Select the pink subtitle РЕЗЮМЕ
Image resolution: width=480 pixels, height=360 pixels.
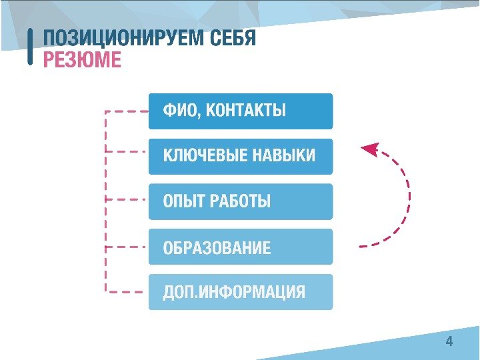click(x=82, y=61)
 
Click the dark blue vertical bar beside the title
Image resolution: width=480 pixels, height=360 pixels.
click(x=31, y=47)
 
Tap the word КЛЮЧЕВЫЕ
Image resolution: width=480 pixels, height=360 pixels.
click(x=204, y=156)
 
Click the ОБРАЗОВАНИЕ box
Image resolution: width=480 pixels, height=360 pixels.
click(x=240, y=247)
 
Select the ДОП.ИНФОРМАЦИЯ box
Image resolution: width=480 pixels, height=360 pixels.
click(x=240, y=292)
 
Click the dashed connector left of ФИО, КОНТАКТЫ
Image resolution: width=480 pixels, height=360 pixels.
click(x=127, y=111)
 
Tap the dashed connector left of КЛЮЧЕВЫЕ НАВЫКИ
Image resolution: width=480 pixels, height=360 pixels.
click(x=127, y=152)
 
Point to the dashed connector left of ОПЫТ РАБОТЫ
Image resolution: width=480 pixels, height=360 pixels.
click(x=127, y=199)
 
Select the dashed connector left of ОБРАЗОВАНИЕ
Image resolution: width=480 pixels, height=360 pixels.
click(x=127, y=246)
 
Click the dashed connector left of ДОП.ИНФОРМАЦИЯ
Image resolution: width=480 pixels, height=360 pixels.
click(x=127, y=291)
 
